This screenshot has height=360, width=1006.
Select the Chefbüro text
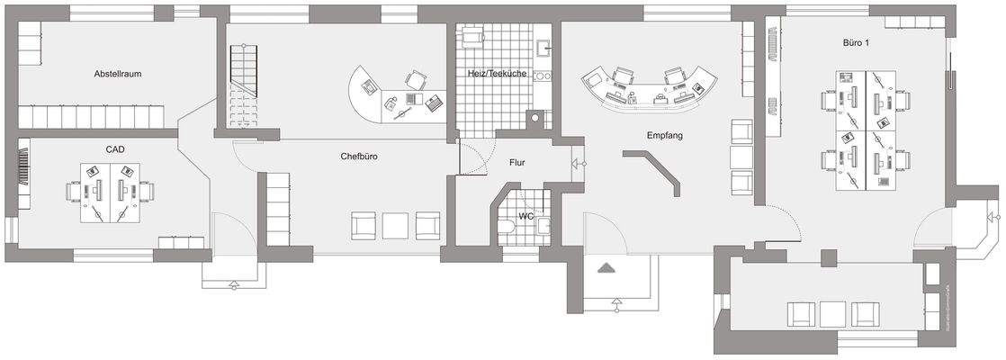(358, 156)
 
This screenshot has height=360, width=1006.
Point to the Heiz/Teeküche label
(498, 73)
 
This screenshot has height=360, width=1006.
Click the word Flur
(516, 163)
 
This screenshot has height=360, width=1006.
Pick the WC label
(526, 216)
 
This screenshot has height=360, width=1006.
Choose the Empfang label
(665, 136)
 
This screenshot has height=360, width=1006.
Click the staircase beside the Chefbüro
(245, 88)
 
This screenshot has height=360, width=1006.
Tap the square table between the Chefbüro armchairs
(396, 225)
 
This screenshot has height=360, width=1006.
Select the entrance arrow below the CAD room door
(235, 284)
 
